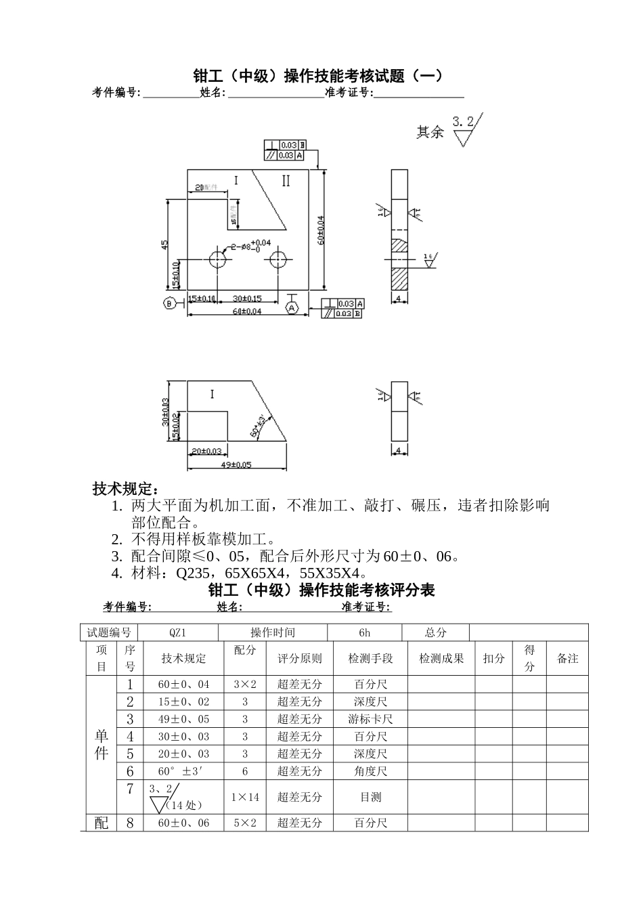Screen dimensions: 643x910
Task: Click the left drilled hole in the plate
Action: pos(218,259)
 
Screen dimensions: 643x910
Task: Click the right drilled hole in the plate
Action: pos(278,259)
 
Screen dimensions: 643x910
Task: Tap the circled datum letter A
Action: pos(292,308)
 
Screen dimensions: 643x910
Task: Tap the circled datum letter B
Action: pos(169,303)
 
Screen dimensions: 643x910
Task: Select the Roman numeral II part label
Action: pos(286,181)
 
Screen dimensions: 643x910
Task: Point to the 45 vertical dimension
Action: pos(164,245)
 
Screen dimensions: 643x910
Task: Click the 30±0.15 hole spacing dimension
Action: pos(247,299)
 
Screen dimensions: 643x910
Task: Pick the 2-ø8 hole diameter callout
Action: pos(250,246)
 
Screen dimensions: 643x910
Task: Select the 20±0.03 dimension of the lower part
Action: pos(207,450)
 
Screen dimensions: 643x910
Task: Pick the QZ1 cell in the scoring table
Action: pos(178,632)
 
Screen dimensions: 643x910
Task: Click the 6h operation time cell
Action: pos(365,632)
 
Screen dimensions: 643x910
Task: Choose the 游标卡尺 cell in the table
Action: pos(371,719)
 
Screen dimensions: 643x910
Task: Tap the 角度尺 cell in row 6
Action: pos(371,771)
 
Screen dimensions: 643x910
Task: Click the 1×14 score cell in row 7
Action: pos(245,797)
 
